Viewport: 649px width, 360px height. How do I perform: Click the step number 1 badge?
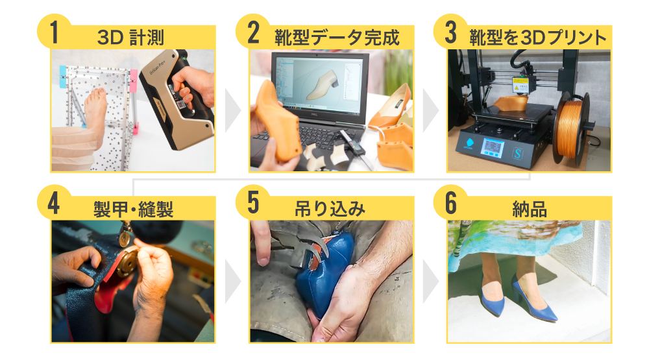(53, 32)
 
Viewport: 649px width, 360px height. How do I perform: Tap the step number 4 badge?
(53, 203)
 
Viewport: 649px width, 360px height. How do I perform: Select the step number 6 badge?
(450, 203)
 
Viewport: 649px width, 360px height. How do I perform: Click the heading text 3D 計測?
(130, 38)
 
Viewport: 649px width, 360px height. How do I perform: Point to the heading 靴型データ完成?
(337, 38)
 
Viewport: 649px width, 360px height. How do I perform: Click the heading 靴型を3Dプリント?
(537, 38)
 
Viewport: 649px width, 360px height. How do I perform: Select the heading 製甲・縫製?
(133, 209)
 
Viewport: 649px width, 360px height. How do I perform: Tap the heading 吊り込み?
(330, 209)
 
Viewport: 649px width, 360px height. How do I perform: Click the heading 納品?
(530, 209)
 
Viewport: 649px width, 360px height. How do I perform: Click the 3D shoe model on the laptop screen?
(323, 86)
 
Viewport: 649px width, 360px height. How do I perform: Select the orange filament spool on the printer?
(573, 130)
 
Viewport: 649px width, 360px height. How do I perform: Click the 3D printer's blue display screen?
(493, 149)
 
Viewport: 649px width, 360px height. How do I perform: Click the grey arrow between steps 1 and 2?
(232, 110)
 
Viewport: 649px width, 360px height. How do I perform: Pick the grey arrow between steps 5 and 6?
(430, 282)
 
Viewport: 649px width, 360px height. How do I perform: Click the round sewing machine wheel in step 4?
(127, 263)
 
